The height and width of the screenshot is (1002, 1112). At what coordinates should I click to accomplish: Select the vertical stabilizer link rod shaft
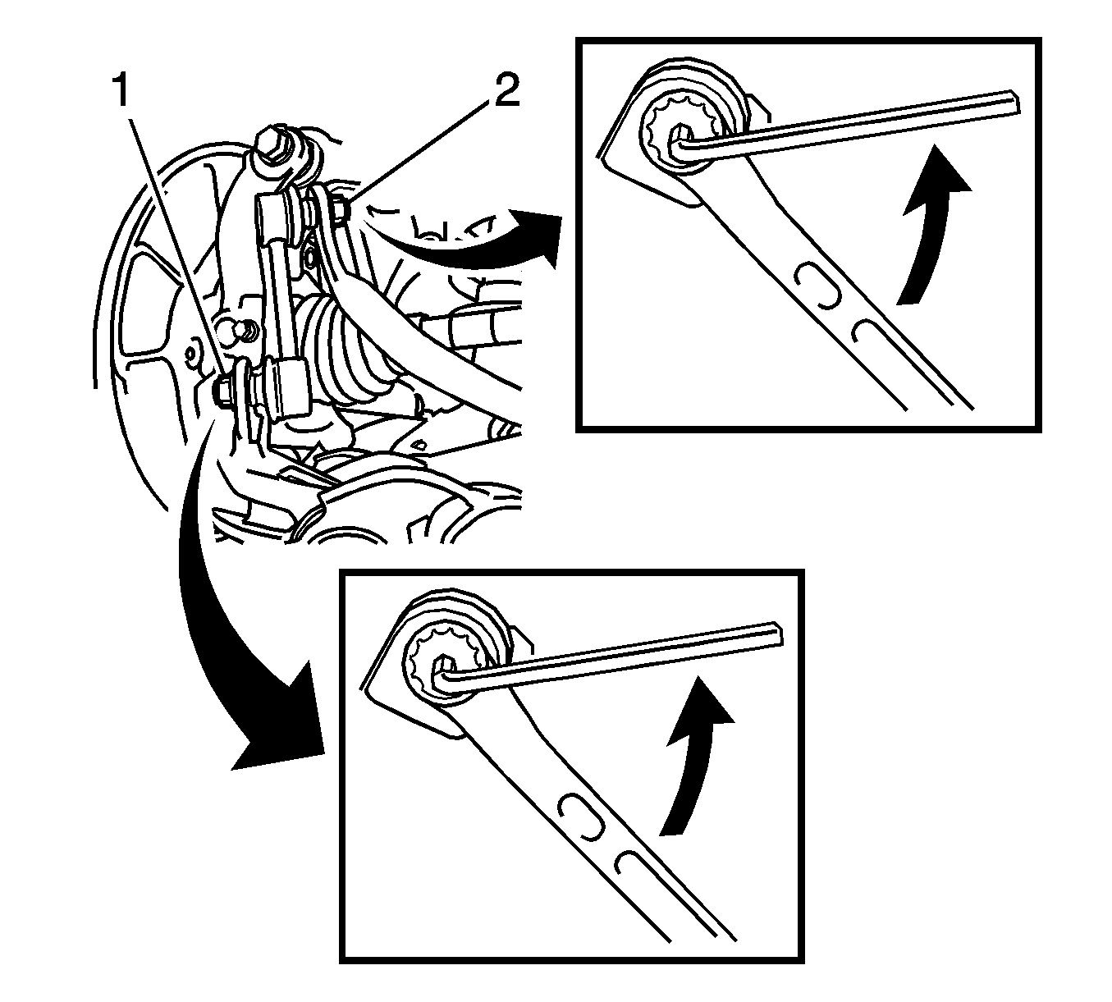[x=276, y=286]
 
